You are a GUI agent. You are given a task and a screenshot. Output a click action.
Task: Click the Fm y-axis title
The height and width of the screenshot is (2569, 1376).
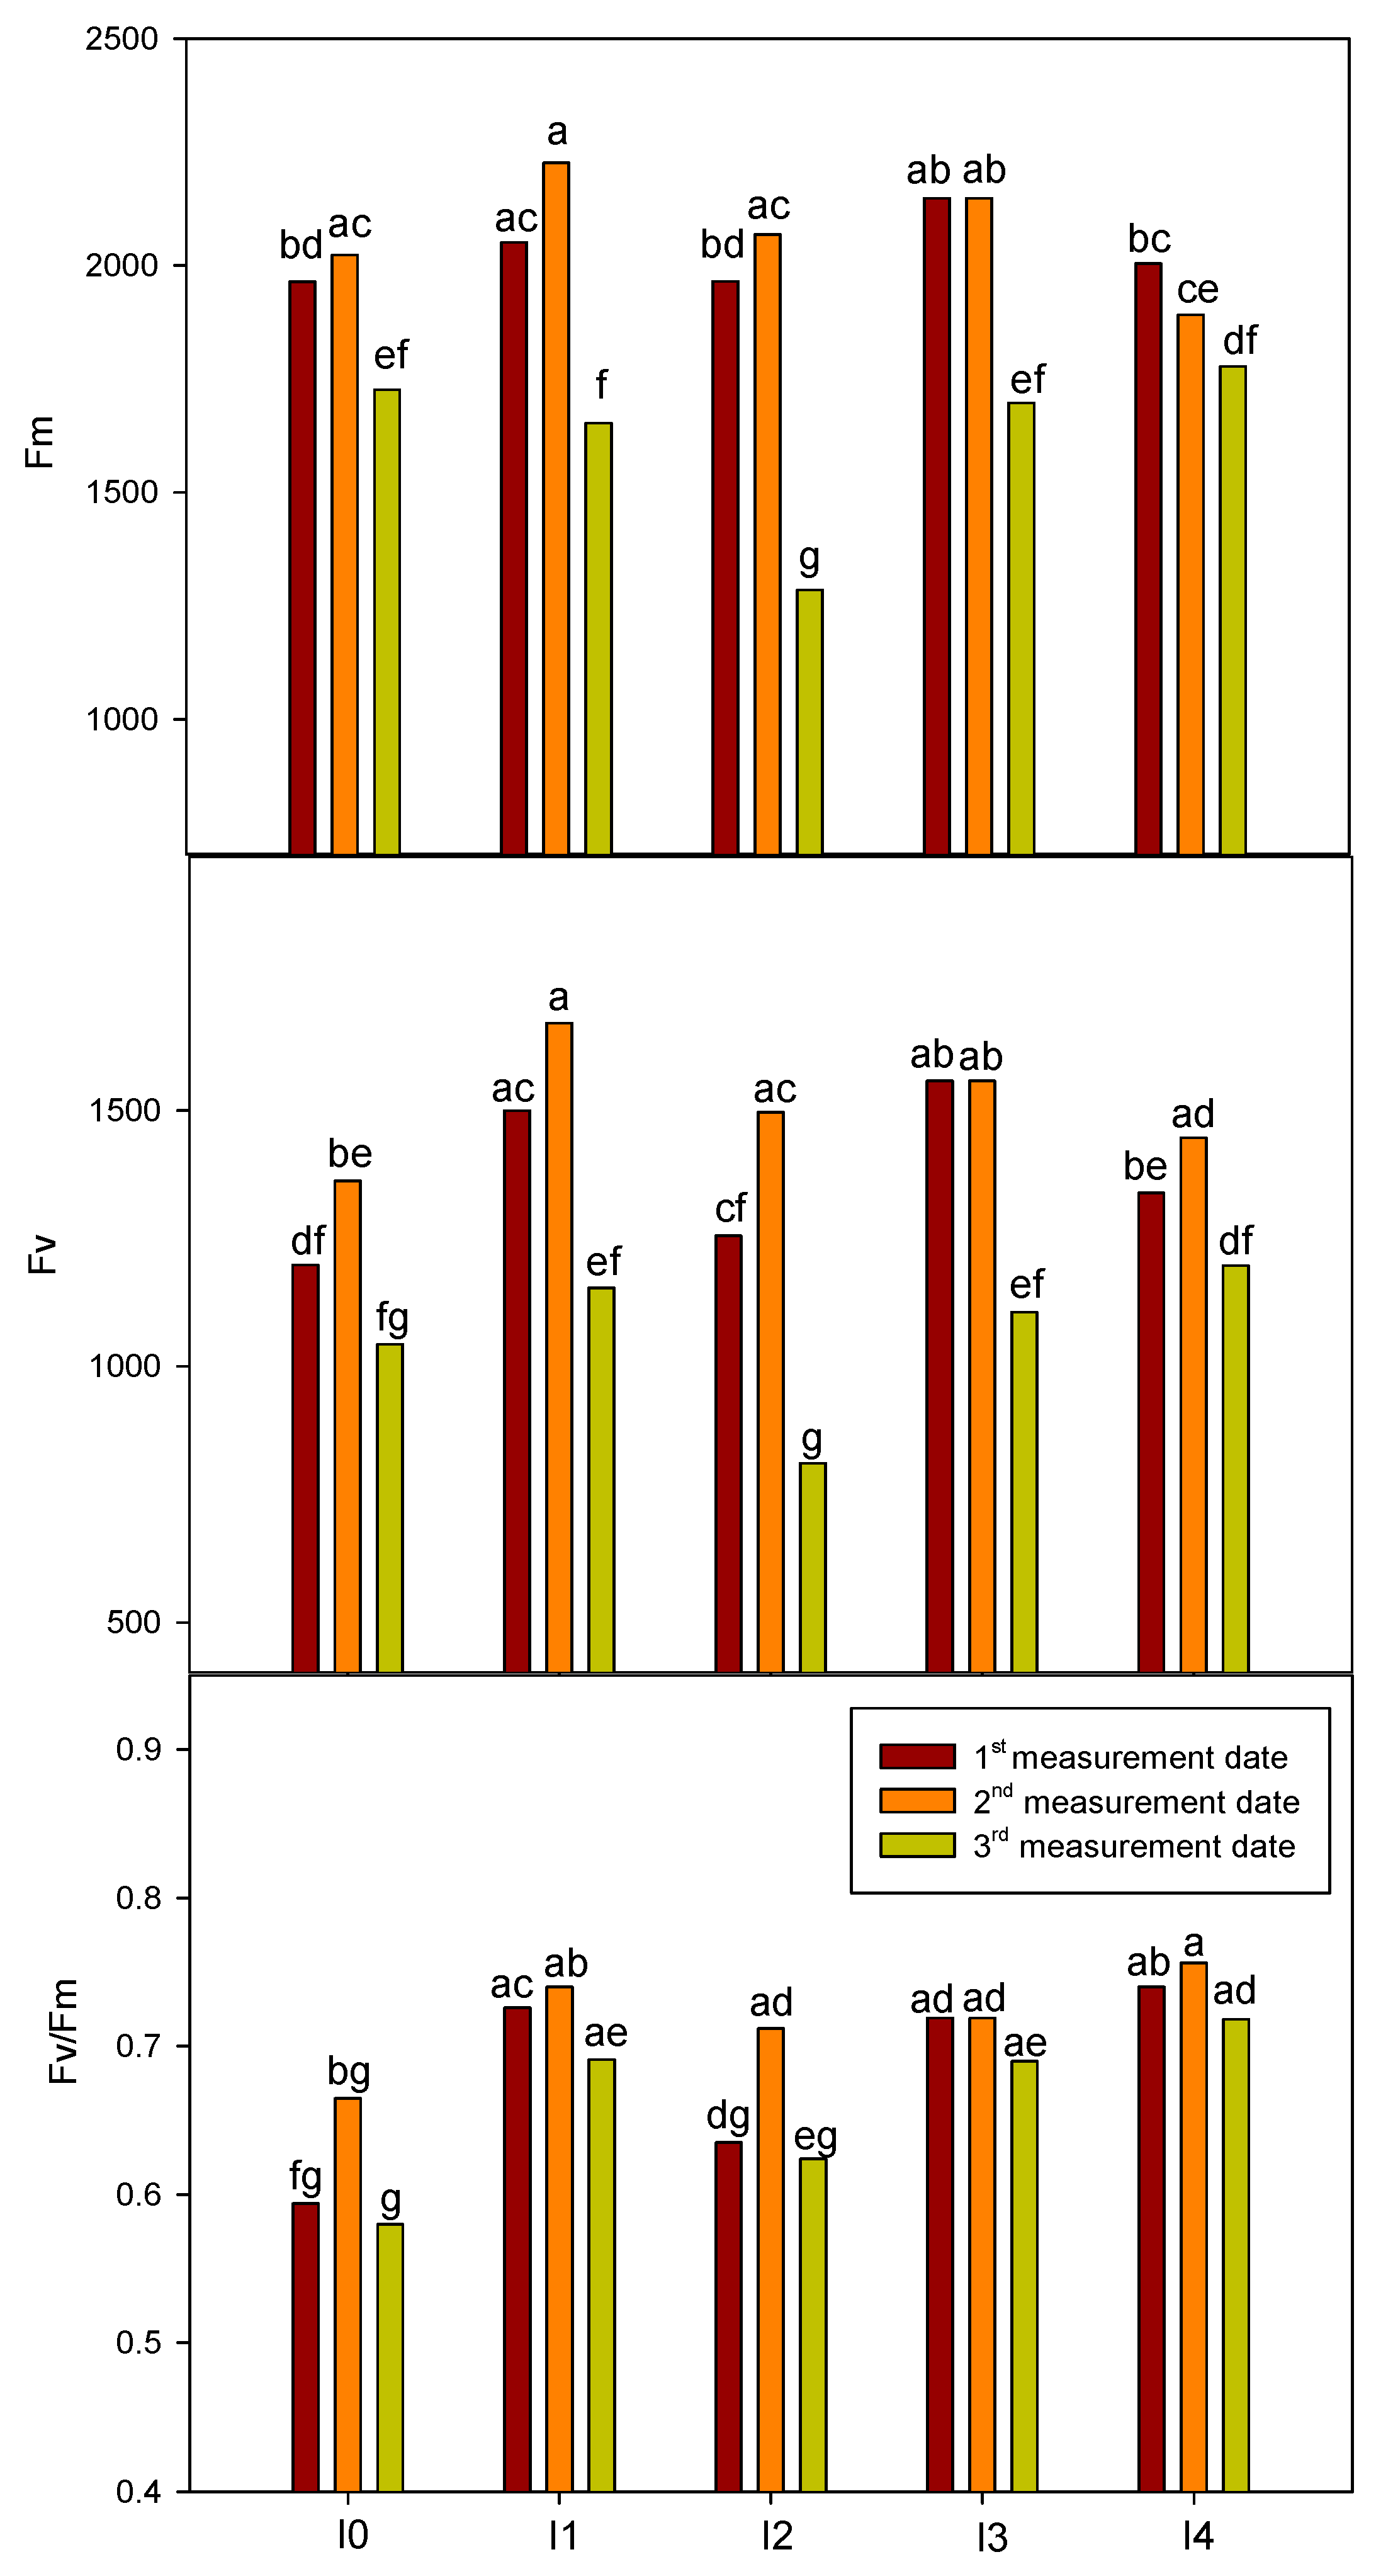click(39, 443)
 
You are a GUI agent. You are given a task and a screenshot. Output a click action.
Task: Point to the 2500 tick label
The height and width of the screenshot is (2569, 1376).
click(121, 40)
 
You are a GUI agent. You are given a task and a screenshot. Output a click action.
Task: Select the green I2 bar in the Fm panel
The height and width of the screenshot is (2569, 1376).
click(809, 722)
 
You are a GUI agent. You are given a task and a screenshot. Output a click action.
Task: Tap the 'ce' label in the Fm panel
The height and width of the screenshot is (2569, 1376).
click(1197, 290)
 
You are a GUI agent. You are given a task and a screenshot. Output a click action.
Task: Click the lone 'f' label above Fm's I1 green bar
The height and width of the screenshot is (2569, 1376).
click(601, 385)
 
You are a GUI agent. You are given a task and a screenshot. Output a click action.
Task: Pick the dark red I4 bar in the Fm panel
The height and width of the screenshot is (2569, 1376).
click(1149, 559)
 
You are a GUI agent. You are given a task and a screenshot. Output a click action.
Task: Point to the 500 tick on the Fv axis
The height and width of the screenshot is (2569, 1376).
click(133, 1623)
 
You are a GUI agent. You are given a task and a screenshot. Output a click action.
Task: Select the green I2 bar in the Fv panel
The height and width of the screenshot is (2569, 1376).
click(813, 1568)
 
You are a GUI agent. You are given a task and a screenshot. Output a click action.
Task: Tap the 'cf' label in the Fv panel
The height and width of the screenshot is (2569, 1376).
click(731, 1209)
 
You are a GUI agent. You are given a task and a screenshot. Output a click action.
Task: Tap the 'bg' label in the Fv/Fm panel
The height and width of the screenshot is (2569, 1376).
click(349, 2072)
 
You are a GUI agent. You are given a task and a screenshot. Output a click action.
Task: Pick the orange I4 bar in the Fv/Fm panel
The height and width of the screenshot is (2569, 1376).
click(1193, 2226)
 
